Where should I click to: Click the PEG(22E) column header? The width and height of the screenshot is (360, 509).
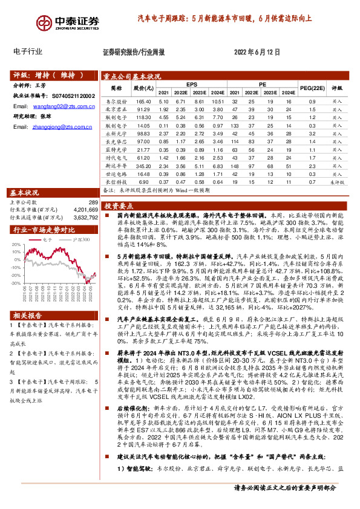(x=312, y=88)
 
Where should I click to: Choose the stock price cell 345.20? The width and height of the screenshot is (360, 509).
(x=143, y=164)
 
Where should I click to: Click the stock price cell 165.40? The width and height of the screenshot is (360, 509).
(x=143, y=102)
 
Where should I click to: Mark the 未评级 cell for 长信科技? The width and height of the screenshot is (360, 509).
(x=337, y=180)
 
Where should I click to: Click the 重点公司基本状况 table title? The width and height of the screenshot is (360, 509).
(x=132, y=77)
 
